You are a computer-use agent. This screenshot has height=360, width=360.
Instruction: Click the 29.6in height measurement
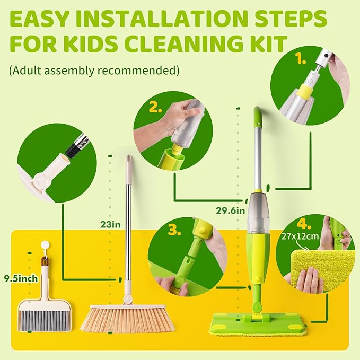230,209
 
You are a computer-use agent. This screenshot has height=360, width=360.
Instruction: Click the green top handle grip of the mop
258,117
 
